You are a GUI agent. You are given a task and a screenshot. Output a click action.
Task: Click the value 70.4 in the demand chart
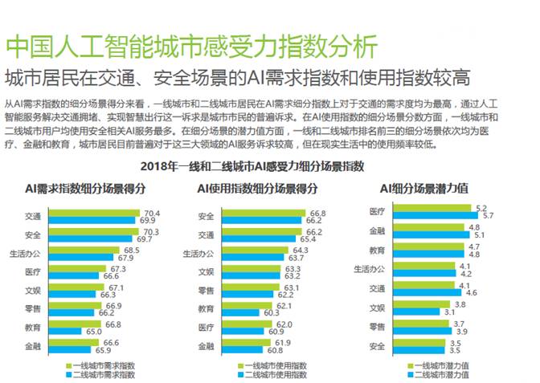tap(151, 213)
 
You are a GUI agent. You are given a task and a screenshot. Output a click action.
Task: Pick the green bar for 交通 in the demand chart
tap(93, 214)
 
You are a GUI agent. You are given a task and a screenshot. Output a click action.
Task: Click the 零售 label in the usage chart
tap(206, 290)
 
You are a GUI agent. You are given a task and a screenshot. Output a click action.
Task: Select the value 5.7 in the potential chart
tap(487, 216)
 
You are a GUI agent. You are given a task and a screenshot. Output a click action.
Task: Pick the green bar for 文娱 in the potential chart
tap(421, 304)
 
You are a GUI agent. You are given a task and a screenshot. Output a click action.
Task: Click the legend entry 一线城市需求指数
tap(103, 365)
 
